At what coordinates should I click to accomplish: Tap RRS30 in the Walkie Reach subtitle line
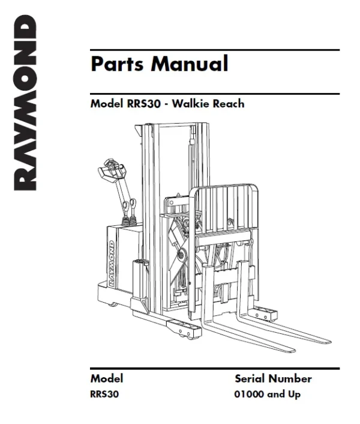(x=146, y=103)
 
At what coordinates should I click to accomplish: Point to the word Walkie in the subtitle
(x=190, y=103)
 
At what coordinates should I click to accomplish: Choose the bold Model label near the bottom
(x=107, y=379)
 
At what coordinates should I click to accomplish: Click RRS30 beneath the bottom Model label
(x=103, y=395)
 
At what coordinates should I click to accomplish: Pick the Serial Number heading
(x=273, y=379)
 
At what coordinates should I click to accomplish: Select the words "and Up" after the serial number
(x=286, y=395)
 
